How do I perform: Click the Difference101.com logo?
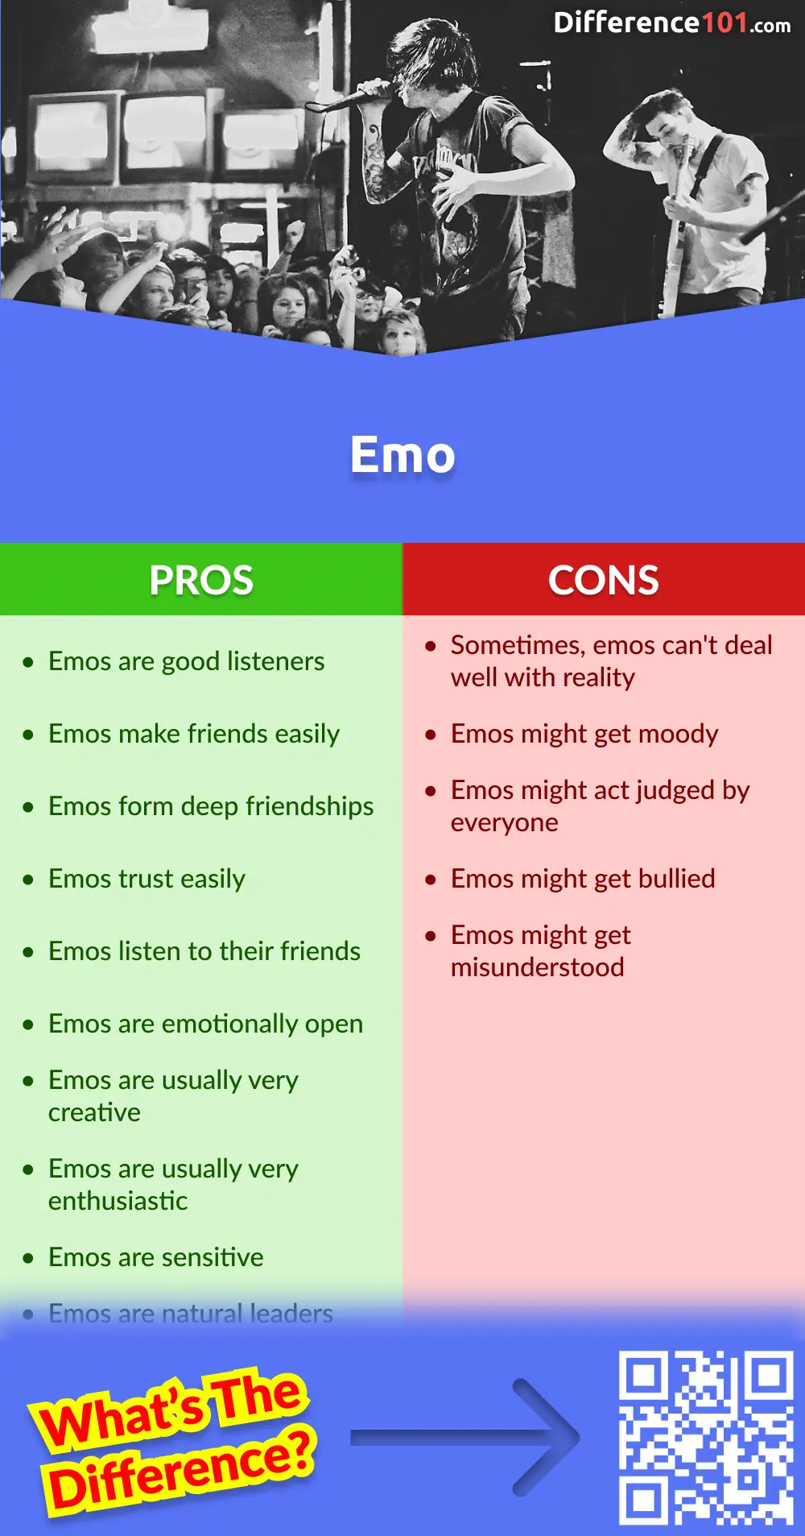(x=671, y=23)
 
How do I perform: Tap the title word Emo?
(x=402, y=455)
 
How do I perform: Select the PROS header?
(x=201, y=580)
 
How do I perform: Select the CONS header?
(x=604, y=580)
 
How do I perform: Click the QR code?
(x=706, y=1438)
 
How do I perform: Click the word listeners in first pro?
(x=275, y=661)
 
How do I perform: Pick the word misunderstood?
(x=537, y=967)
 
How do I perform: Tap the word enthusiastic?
(x=118, y=1201)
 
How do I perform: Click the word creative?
(x=94, y=1112)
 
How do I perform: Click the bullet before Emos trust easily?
(x=28, y=880)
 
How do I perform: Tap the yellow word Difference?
(x=181, y=1470)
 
